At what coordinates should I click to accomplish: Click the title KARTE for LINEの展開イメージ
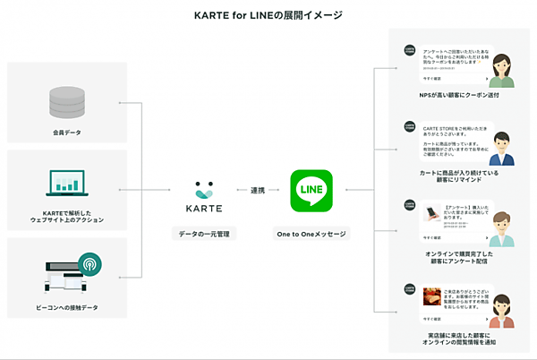268,15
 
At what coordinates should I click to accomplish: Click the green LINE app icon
311,191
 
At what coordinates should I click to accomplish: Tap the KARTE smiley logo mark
205,190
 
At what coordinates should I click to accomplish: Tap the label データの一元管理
205,234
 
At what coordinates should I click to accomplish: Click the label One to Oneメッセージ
311,234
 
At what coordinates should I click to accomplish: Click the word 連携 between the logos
259,190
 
